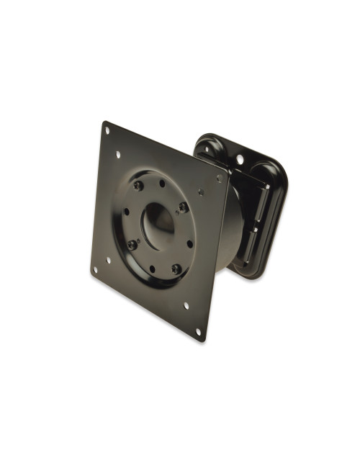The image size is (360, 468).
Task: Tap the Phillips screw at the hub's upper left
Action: coord(139,186)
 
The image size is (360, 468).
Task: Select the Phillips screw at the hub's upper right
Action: coord(184,207)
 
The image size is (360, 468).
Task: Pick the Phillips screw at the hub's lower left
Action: coord(132,245)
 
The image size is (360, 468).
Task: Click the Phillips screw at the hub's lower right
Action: coord(176,269)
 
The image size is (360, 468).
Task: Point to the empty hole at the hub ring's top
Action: coord(162,184)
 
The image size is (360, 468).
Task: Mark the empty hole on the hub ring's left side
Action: coord(125,212)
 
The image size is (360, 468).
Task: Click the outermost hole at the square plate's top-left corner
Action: coord(107,130)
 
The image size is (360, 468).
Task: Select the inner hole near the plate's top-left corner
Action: coord(117,153)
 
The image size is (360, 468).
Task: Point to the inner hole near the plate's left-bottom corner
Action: coord(108,260)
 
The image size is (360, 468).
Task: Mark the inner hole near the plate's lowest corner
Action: coord(186,305)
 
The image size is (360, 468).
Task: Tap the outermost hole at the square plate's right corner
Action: coord(219,178)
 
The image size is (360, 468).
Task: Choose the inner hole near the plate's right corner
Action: coord(202,192)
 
